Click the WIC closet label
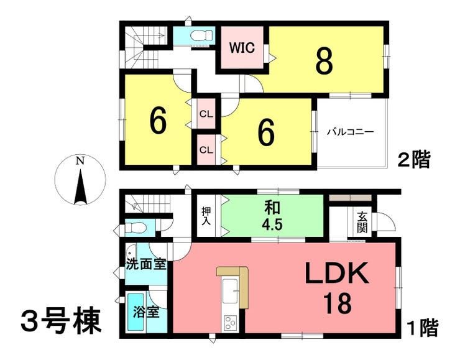tap(242, 48)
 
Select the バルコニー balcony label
tap(351, 132)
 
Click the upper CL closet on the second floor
tap(206, 114)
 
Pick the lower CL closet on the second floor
tap(206, 150)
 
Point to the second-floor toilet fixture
tap(201, 35)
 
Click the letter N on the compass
tap(80, 162)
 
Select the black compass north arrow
tap(80, 187)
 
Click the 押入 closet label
tap(206, 216)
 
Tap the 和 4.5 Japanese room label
tap(273, 216)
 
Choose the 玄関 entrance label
tap(362, 222)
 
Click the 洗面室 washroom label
tap(146, 264)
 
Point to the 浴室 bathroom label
tap(146, 312)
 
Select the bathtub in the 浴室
tap(136, 312)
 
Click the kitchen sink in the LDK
tap(230, 291)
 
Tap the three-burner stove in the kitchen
tap(230, 323)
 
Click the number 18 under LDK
tap(338, 304)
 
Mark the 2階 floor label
tap(413, 160)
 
